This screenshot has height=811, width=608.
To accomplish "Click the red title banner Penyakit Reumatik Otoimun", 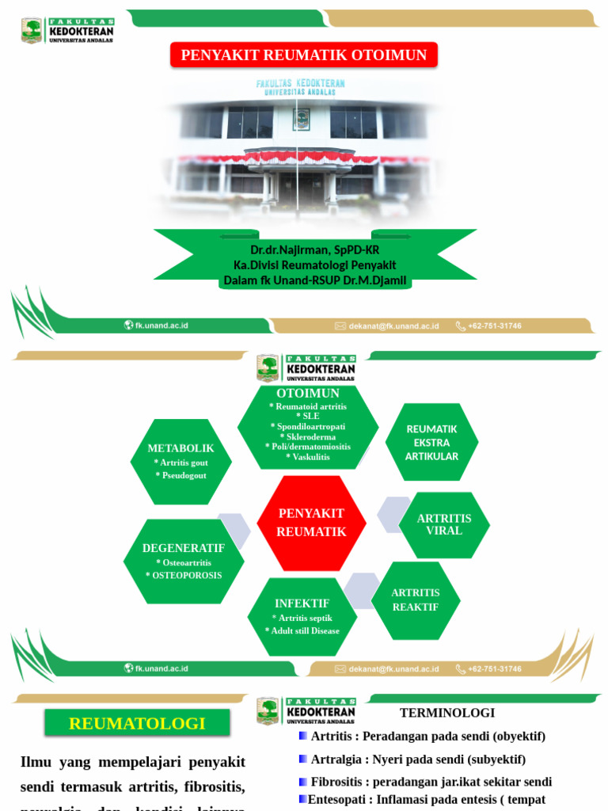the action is [x=304, y=55].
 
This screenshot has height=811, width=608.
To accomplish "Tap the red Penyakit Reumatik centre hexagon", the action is [x=312, y=523].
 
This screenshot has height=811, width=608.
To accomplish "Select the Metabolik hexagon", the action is [x=180, y=461].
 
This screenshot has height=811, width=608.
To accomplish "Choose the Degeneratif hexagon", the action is [x=184, y=561].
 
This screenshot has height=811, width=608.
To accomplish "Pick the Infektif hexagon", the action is [x=302, y=616].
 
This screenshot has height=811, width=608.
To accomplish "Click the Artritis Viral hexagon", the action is [x=443, y=524].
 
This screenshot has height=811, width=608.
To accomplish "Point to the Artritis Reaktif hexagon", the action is [x=416, y=600].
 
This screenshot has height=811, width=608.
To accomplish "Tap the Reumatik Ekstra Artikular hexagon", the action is [x=431, y=442].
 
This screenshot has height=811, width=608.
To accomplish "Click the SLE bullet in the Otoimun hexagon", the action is [x=308, y=416].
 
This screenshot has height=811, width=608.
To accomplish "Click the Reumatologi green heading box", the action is [x=137, y=723].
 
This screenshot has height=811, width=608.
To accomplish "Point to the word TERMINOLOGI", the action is [x=447, y=713].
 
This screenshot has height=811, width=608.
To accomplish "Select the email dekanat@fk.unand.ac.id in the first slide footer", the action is [x=393, y=326].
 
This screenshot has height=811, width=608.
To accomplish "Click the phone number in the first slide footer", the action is [x=494, y=326].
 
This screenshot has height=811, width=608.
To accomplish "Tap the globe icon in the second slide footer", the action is [x=128, y=668].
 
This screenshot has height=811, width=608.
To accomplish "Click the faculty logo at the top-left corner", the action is [x=32, y=31].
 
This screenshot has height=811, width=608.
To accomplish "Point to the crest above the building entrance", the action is [x=301, y=119].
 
